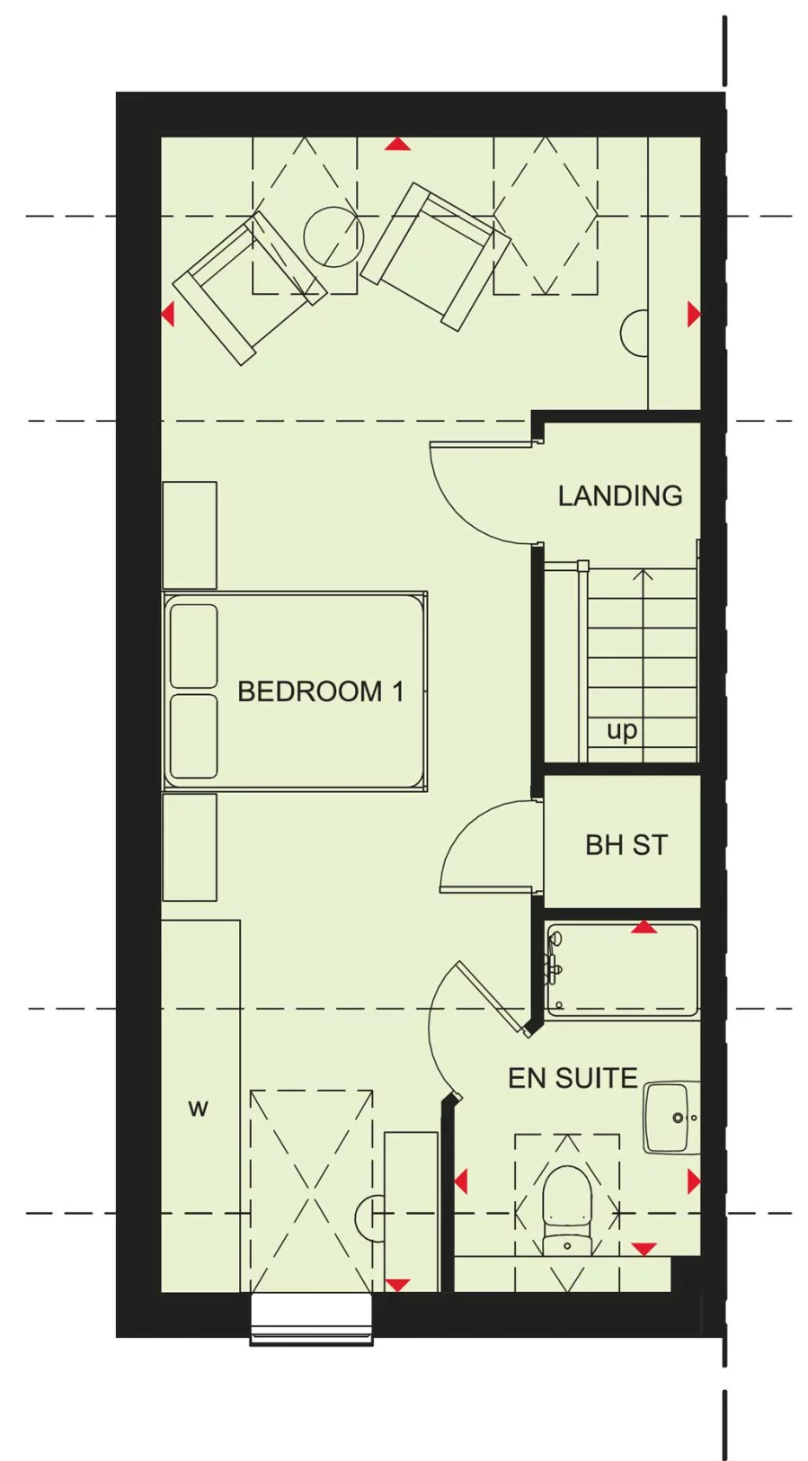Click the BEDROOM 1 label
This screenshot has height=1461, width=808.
pyautogui.click(x=320, y=691)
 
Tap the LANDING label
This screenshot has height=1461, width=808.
pyautogui.click(x=619, y=495)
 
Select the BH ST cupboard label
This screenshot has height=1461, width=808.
pyautogui.click(x=626, y=845)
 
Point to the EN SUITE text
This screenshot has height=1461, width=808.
pyautogui.click(x=573, y=1078)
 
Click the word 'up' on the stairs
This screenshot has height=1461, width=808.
pyautogui.click(x=622, y=730)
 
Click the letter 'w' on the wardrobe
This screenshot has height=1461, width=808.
pyautogui.click(x=198, y=1108)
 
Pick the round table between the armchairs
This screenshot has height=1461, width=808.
pyautogui.click(x=333, y=236)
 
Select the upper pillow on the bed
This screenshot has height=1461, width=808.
pyautogui.click(x=193, y=646)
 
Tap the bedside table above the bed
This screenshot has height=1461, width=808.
pyautogui.click(x=190, y=536)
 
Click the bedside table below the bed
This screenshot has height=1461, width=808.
pyautogui.click(x=190, y=847)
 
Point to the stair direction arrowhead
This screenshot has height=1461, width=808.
pyautogui.click(x=643, y=574)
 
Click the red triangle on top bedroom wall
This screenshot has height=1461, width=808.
pyautogui.click(x=398, y=144)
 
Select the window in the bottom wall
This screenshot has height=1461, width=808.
pyautogui.click(x=311, y=1318)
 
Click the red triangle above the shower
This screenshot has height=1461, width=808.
pyautogui.click(x=643, y=927)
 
